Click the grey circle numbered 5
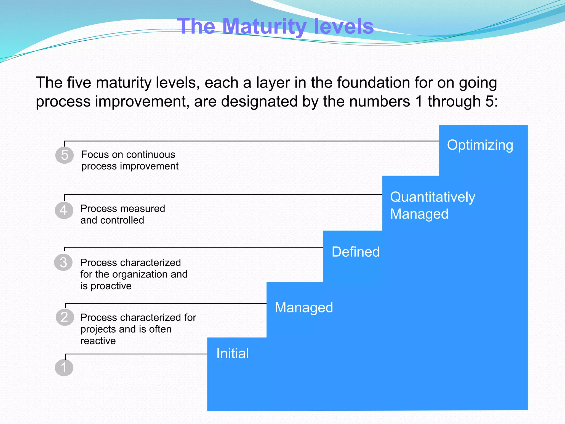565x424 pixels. click(x=64, y=155)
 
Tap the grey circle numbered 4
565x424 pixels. click(x=64, y=210)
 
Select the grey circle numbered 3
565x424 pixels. click(x=63, y=262)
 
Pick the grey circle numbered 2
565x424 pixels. click(x=65, y=317)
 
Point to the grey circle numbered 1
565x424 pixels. click(x=64, y=368)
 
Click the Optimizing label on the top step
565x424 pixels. click(x=480, y=145)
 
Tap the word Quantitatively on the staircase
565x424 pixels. click(x=433, y=197)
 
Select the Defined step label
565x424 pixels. click(x=356, y=252)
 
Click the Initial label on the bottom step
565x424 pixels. click(x=233, y=353)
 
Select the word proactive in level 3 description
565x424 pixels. click(x=111, y=286)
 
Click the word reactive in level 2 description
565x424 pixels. click(x=98, y=341)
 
